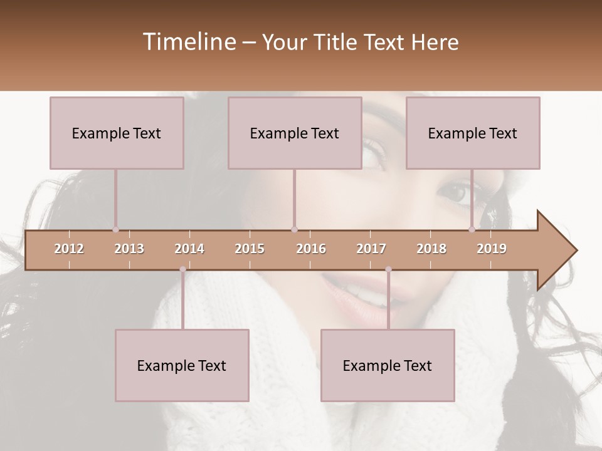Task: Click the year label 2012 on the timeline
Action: (x=69, y=249)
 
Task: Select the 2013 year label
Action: (x=129, y=249)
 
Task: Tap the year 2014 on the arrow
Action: (x=189, y=249)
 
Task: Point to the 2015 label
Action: (x=250, y=249)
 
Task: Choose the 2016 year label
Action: (x=311, y=249)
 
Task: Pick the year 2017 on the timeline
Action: (x=371, y=249)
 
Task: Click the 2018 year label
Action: (x=431, y=249)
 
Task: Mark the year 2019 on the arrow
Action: (x=492, y=249)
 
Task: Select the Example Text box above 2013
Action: (x=117, y=133)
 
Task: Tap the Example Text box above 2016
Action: (x=295, y=133)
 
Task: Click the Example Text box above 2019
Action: (x=473, y=133)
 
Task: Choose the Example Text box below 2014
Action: (x=182, y=365)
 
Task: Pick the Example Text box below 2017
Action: (x=388, y=365)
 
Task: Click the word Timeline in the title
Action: (x=189, y=42)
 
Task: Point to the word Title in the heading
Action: (x=337, y=43)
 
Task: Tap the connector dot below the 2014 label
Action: (x=182, y=269)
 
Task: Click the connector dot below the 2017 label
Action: (x=388, y=269)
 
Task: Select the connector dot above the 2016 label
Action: (x=294, y=230)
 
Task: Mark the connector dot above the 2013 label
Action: (x=115, y=230)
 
